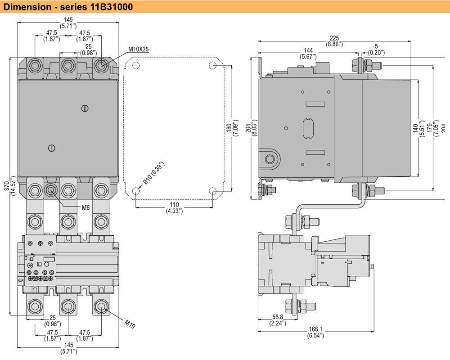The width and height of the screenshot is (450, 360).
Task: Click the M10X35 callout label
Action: click(138, 49)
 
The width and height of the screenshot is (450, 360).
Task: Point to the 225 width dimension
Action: click(334, 38)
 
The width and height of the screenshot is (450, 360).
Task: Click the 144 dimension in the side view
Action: click(308, 50)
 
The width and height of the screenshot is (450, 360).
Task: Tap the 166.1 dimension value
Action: click(315, 329)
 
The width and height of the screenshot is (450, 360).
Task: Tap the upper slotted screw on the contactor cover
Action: click(85, 108)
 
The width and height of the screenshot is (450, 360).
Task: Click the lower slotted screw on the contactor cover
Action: click(51, 148)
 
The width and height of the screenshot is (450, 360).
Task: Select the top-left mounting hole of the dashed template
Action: click(136, 66)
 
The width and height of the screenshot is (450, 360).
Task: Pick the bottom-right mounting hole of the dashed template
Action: click(213, 191)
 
